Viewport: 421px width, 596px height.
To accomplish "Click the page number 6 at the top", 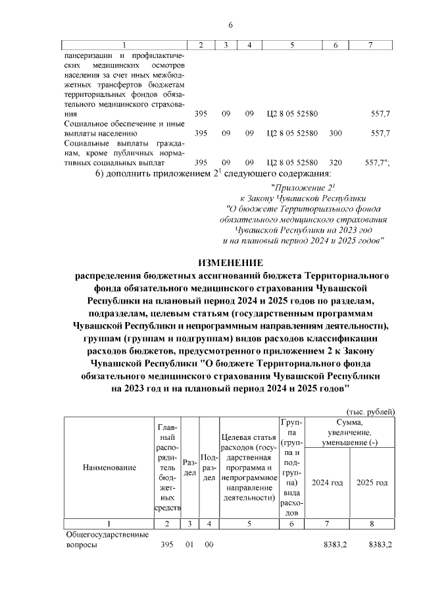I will pyautogui.click(x=230, y=25).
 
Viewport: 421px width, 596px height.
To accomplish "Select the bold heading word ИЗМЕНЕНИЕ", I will pyautogui.click(x=230, y=262).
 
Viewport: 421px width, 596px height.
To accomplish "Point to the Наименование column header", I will pyautogui.click(x=109, y=468).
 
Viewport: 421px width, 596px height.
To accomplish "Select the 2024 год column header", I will pyautogui.click(x=327, y=483).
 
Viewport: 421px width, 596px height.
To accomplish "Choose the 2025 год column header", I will pyautogui.click(x=372, y=483).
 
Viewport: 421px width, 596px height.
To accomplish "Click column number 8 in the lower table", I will pyautogui.click(x=372, y=524).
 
